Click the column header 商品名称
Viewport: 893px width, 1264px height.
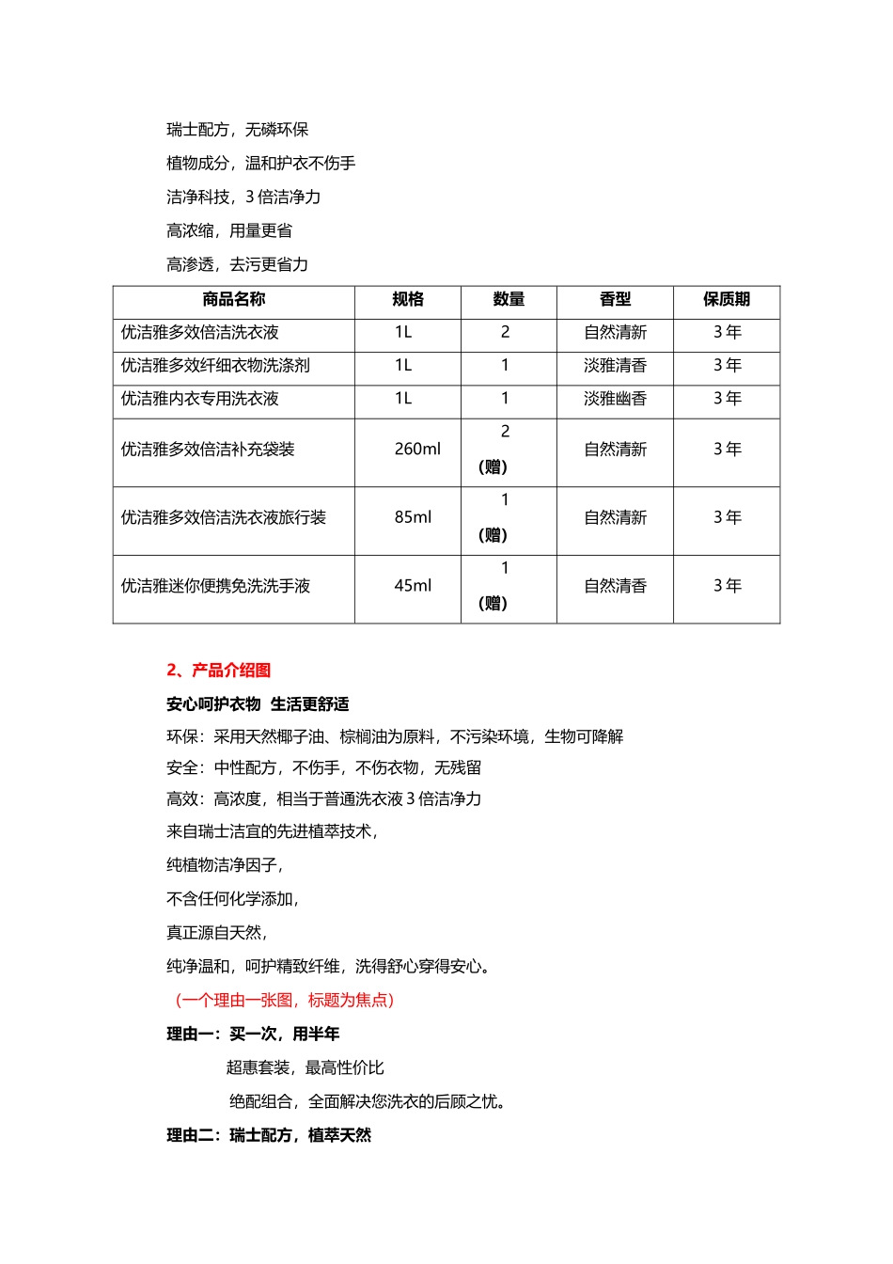(233, 300)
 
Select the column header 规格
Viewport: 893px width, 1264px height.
(407, 300)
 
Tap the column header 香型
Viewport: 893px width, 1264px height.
(615, 300)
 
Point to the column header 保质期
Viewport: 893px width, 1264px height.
(727, 300)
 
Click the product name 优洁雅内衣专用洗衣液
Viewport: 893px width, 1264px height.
(199, 399)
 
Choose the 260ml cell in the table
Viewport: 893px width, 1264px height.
(416, 450)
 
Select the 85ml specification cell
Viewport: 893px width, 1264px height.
(413, 518)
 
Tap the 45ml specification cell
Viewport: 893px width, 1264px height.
(413, 586)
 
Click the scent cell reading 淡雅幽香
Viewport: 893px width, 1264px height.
(615, 399)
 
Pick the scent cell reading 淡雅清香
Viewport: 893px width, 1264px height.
(615, 366)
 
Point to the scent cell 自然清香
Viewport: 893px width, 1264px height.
(615, 586)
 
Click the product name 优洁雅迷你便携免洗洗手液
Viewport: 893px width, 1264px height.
(215, 586)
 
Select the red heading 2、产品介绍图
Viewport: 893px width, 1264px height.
(218, 671)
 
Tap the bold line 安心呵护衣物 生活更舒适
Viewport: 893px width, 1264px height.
(258, 704)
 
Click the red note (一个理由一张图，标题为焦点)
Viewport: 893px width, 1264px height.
(284, 1001)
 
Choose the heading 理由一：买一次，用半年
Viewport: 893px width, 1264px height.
(253, 1035)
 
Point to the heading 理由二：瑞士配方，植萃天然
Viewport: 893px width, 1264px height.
(269, 1136)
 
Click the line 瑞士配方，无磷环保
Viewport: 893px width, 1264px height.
(237, 130)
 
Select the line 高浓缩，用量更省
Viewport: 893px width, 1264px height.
(229, 231)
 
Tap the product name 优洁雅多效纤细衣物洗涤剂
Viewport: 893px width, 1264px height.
(215, 366)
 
